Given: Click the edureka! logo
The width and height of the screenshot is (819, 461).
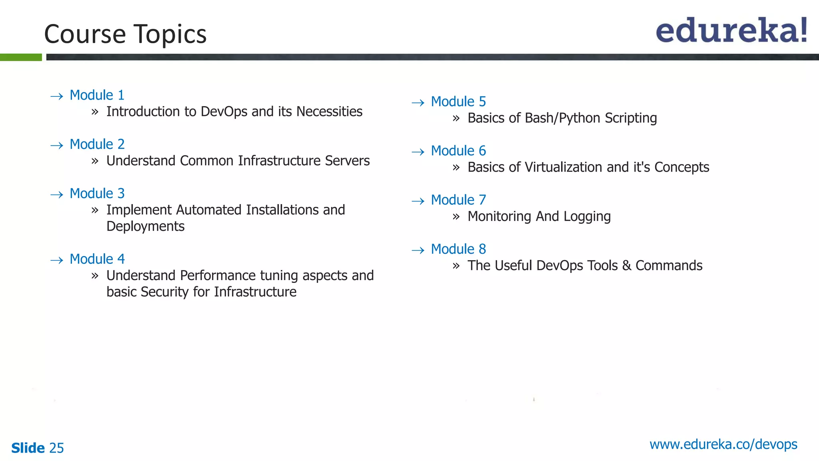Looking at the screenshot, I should (x=731, y=30).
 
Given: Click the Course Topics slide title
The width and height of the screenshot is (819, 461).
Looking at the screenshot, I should (x=125, y=34).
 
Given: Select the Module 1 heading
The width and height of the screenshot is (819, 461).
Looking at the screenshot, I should (x=97, y=95).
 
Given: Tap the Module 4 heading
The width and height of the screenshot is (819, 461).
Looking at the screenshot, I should (x=97, y=259).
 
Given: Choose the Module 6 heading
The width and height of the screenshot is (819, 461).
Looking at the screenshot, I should (x=458, y=151).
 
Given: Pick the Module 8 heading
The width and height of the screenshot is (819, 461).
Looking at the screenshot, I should (x=458, y=249).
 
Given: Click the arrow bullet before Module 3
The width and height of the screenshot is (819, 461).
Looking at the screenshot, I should (x=57, y=195).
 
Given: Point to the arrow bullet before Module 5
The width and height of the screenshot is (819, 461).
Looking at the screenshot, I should (x=418, y=103).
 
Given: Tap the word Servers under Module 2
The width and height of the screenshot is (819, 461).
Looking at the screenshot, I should (x=347, y=161).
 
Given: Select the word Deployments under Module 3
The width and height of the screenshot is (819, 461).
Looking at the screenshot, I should (x=145, y=226).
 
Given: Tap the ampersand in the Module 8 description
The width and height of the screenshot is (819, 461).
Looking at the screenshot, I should (x=627, y=266).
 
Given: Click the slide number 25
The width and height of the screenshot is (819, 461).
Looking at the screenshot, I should (x=56, y=448).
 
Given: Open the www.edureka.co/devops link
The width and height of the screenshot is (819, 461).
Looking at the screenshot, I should (x=723, y=445).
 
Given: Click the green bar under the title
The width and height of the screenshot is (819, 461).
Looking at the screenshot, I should (x=21, y=57).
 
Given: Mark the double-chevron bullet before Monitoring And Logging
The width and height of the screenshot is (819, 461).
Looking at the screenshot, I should (x=456, y=217).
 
